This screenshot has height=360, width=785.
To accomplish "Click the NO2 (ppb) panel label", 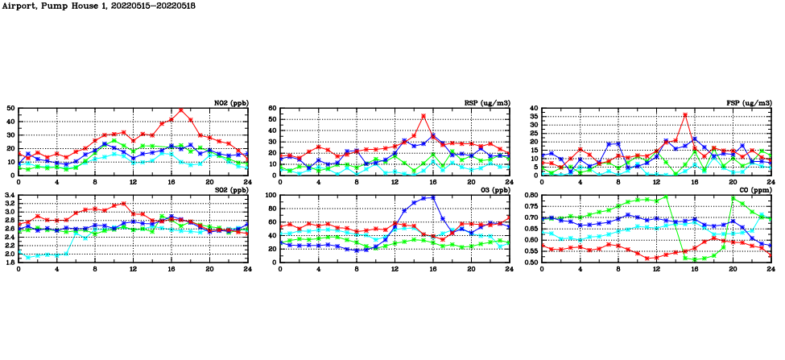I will click(x=231, y=102).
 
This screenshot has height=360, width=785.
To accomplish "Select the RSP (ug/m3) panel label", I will click(x=488, y=102).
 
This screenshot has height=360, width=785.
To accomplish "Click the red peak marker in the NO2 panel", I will click(x=180, y=110).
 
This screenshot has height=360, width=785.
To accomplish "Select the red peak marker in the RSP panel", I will click(x=423, y=116).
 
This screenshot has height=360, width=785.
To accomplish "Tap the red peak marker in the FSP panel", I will click(x=685, y=115).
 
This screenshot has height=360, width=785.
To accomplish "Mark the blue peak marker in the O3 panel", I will click(x=433, y=197).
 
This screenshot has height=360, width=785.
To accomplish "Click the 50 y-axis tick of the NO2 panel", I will click(x=10, y=108).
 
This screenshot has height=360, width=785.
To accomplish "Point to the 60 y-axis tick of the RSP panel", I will click(x=271, y=108).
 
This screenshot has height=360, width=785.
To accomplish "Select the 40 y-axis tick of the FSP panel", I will click(x=533, y=108).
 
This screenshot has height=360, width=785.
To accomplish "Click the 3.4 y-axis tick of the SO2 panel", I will click(x=9, y=195).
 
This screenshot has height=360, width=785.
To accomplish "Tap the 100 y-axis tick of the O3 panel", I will click(x=270, y=195).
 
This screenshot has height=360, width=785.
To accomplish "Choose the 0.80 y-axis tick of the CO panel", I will click(x=530, y=195).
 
